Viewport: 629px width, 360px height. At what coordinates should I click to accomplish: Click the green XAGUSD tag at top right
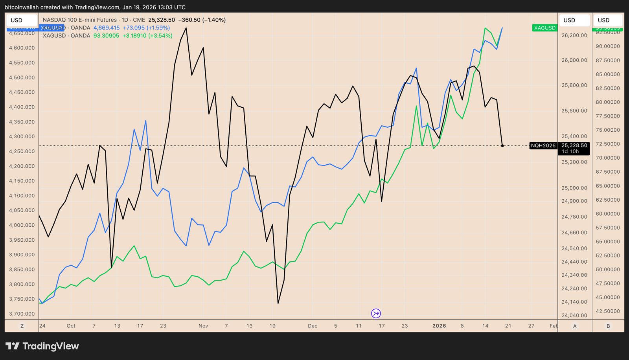pos(544,28)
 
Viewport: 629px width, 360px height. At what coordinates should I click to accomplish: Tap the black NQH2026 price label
pos(543,146)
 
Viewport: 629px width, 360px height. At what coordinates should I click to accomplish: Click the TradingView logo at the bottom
pos(42,346)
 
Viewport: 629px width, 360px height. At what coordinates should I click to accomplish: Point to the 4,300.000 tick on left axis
pos(22,137)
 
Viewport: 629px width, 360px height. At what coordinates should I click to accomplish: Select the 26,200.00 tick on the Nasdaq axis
pos(574,35)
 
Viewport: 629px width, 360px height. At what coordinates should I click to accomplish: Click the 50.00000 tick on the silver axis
pos(608,270)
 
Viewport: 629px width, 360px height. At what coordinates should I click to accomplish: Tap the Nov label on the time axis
pos(203,326)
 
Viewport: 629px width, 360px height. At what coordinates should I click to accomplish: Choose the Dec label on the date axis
pos(313,326)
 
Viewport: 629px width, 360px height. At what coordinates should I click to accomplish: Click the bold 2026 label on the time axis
pos(439,326)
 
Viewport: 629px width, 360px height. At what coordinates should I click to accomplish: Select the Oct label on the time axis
pos(71,326)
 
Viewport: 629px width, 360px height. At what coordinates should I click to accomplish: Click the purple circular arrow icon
pos(376,313)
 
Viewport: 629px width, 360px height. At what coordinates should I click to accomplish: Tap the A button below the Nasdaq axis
pos(575,326)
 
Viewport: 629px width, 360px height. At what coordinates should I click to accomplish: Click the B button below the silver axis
pos(608,326)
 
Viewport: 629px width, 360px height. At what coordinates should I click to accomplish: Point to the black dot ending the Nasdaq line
pos(502,146)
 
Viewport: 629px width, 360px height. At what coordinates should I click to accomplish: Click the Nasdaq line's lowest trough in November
pos(278,303)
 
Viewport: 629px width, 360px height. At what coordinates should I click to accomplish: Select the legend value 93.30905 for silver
pos(106,36)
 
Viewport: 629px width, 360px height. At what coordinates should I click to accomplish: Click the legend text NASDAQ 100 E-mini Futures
pos(80,20)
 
